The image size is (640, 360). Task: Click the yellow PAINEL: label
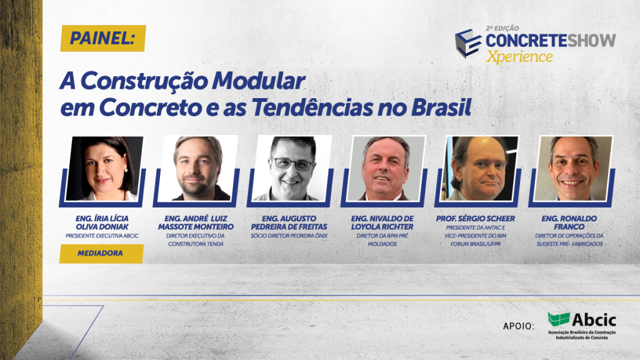click(102, 39)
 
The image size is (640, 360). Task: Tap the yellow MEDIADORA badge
click(102, 254)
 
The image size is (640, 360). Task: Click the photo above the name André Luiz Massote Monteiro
click(197, 168)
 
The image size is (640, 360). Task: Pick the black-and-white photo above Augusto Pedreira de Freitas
click(291, 168)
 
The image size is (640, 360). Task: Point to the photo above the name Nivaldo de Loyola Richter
click(385, 168)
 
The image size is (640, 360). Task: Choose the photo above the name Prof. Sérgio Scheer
click(479, 168)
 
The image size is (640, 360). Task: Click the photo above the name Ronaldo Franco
click(572, 168)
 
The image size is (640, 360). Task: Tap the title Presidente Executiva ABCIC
click(102, 236)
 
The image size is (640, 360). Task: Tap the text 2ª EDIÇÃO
click(502, 29)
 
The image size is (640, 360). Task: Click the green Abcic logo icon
click(558, 319)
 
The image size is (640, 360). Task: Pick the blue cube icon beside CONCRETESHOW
click(468, 42)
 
